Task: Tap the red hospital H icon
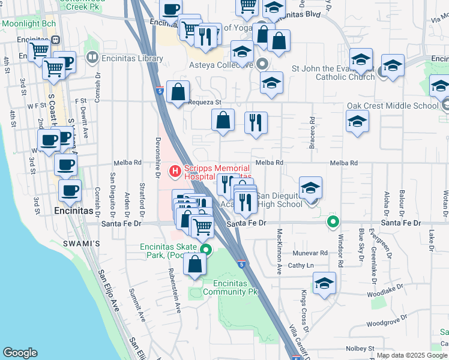(175, 172)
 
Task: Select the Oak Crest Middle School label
(393, 106)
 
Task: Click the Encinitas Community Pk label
(233, 287)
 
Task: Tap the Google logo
(20, 353)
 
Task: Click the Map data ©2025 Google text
(412, 355)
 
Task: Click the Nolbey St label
(360, 348)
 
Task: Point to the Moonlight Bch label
(29, 23)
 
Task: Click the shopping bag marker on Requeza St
(178, 92)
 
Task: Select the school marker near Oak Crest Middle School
(357, 121)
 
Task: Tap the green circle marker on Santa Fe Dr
(333, 223)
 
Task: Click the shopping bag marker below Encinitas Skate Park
(195, 265)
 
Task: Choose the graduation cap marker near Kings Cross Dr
(324, 284)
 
